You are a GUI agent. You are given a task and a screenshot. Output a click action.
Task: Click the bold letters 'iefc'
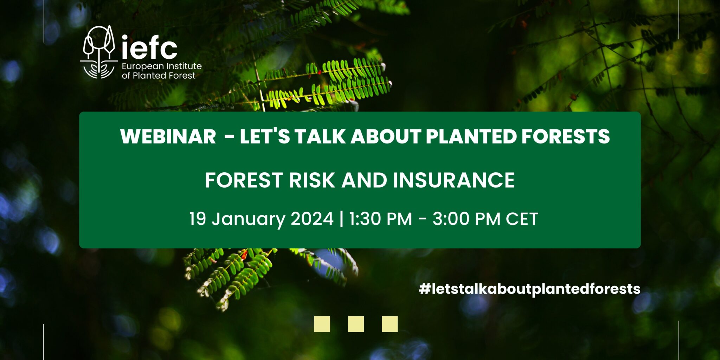149,48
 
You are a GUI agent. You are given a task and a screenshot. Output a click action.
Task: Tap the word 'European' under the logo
143,66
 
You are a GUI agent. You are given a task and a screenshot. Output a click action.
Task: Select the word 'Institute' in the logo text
184,66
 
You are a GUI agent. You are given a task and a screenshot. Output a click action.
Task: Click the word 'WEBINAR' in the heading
168,136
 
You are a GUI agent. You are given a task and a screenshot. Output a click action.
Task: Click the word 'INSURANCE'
454,180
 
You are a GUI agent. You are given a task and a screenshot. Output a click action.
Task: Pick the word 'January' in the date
248,219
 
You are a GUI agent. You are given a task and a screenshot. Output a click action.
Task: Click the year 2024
312,219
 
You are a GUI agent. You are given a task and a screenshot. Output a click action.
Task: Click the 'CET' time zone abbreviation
522,219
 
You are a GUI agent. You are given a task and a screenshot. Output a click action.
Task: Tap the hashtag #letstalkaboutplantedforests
529,289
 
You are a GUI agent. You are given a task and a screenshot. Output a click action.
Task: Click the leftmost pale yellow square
322,324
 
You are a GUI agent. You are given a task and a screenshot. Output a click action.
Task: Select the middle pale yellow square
356,324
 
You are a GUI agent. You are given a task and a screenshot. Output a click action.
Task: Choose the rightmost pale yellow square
390,324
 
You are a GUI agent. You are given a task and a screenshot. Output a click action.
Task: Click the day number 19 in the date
198,219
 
